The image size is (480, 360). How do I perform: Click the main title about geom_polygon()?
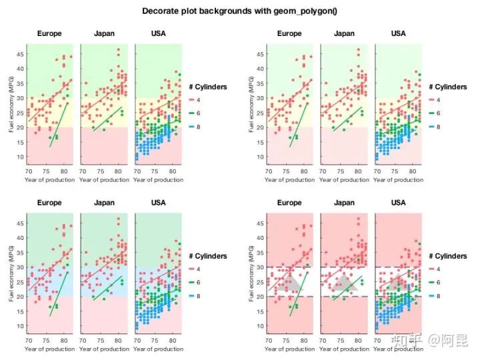point(240,11)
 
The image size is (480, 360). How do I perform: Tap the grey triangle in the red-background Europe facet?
point(291,283)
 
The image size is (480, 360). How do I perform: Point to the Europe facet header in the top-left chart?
point(49,34)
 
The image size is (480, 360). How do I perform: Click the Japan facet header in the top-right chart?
point(344,34)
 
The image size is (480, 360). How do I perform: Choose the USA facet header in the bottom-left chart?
point(158,203)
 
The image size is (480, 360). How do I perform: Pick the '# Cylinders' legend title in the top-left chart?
point(208,87)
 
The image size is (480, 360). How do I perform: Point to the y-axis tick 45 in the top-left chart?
point(21,54)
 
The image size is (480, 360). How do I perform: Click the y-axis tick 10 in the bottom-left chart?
point(21,326)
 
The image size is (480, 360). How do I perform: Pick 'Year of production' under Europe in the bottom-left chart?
point(49,349)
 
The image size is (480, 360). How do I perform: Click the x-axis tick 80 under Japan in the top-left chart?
point(117,171)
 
